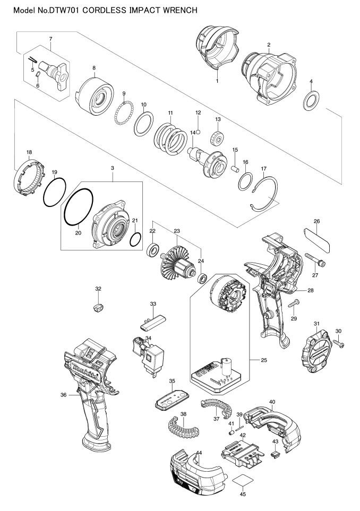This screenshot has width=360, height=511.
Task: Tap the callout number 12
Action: (x=198, y=112)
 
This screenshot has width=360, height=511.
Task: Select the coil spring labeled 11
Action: (x=170, y=138)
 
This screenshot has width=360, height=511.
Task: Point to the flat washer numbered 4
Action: (x=311, y=100)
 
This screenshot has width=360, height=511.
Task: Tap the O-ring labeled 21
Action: (x=135, y=239)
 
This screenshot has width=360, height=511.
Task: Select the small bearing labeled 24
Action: (x=203, y=279)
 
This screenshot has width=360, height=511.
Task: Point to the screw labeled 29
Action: (x=294, y=305)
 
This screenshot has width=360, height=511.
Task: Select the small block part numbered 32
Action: (x=98, y=307)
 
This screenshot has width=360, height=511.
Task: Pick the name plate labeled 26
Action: (x=317, y=240)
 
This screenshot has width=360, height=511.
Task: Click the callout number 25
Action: (x=264, y=360)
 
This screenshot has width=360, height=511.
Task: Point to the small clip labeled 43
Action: (x=275, y=455)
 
